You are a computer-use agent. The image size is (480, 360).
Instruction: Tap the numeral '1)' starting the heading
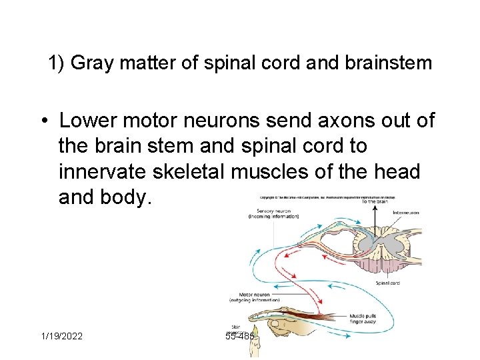tap(56, 64)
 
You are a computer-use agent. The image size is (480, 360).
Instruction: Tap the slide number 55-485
tap(240, 337)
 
